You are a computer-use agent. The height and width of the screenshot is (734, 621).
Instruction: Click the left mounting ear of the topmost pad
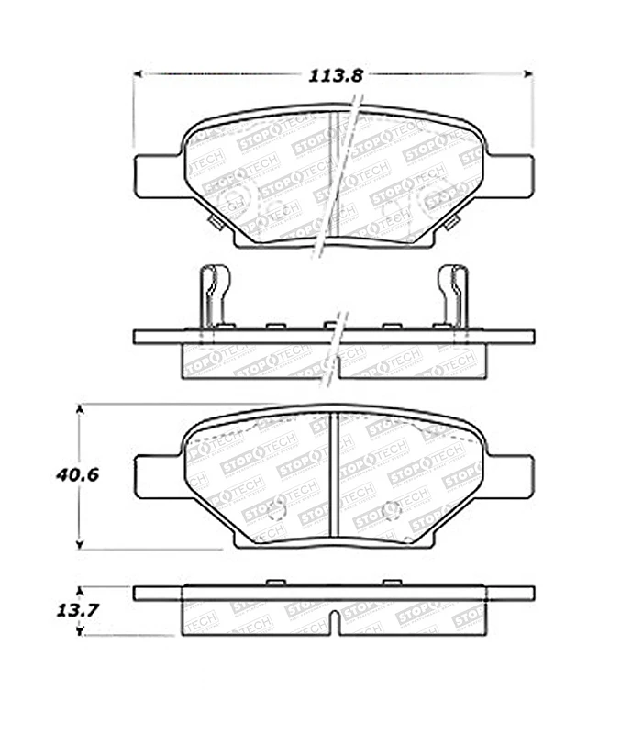[x=156, y=174]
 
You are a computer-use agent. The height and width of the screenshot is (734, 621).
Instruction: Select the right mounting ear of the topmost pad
[x=512, y=174]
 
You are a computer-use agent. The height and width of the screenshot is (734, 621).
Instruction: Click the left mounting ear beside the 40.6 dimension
[x=156, y=477]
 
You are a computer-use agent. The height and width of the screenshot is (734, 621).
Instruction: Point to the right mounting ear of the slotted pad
[x=512, y=477]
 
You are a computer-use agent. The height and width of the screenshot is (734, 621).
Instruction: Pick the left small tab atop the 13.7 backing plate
[x=276, y=583]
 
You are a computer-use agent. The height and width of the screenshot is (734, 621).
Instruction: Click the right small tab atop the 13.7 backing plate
[x=392, y=583]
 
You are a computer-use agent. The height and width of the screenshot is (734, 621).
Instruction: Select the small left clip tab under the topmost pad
[x=216, y=223]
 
